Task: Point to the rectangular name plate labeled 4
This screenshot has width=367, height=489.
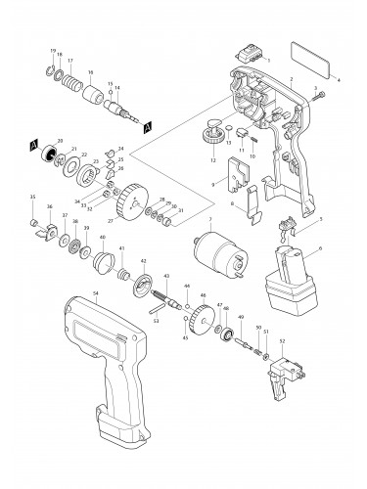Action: click(x=316, y=59)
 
